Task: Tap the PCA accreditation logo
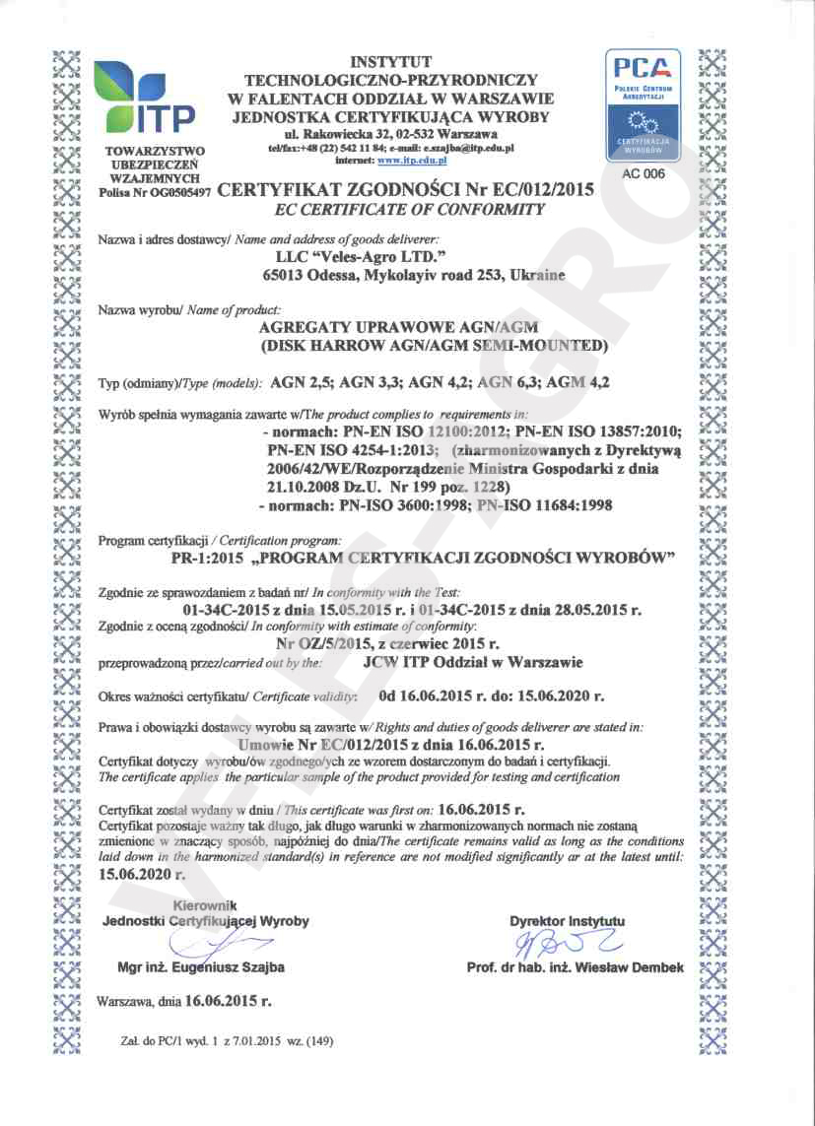642,107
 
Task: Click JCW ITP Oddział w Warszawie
473,662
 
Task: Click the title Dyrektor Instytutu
567,921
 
